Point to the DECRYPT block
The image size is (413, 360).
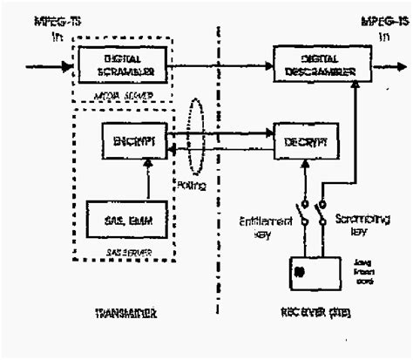[301, 140]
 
